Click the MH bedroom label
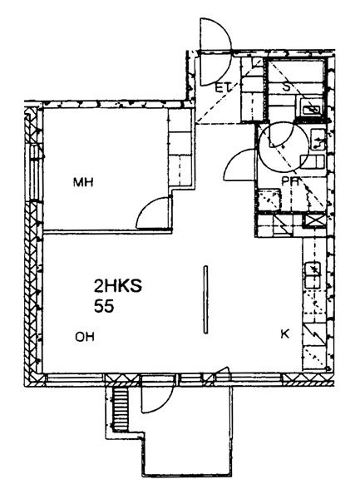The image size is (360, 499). point(83,183)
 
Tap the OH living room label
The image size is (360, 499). point(85,337)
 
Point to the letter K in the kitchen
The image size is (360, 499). point(285,333)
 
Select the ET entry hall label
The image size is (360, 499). point(223,87)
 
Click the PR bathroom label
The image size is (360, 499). point(290,181)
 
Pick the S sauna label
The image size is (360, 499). point(287,86)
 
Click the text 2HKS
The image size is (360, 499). point(118,286)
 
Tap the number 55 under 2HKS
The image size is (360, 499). point(104,307)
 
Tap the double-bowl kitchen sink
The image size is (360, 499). point(313,275)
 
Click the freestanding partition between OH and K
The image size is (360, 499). point(205,299)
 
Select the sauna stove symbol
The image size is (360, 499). point(311,107)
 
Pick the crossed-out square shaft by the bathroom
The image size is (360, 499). point(313,220)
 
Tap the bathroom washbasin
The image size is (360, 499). point(318,139)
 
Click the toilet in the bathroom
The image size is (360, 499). point(312,161)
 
